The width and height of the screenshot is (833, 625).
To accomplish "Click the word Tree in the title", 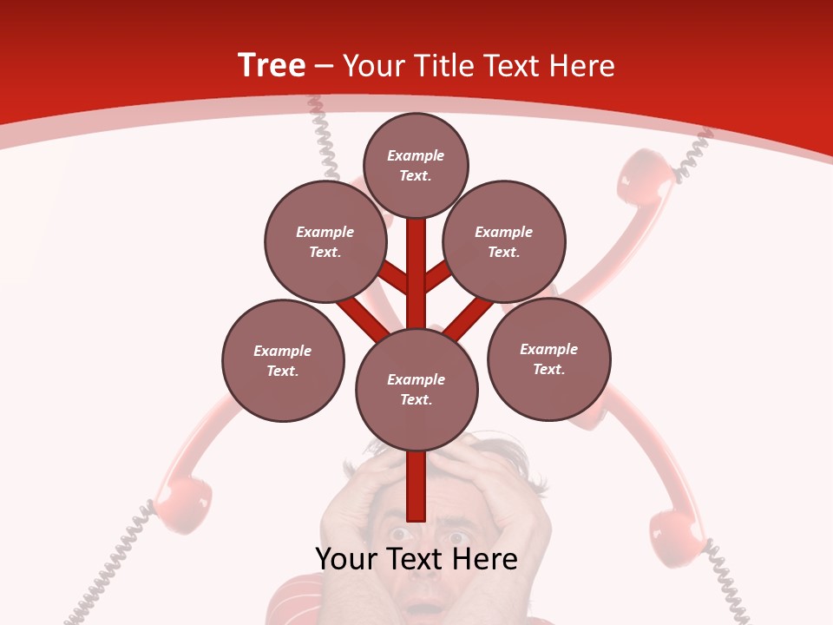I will click(272, 66).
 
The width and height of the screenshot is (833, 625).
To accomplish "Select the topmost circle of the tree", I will click(416, 166).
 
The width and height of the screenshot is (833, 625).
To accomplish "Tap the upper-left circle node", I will click(325, 242).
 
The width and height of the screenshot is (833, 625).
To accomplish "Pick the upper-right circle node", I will click(504, 242).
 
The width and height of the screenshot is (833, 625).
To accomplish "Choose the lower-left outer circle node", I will click(283, 361).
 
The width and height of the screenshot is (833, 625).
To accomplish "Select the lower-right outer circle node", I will click(548, 359).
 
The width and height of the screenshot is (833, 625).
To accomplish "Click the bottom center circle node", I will click(416, 390).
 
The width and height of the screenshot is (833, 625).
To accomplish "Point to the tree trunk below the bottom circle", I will click(416, 486).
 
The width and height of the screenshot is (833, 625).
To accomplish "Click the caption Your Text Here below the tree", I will click(416, 559).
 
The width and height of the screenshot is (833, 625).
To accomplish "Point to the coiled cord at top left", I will click(323, 135).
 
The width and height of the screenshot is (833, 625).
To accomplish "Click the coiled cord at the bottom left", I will click(108, 573).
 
